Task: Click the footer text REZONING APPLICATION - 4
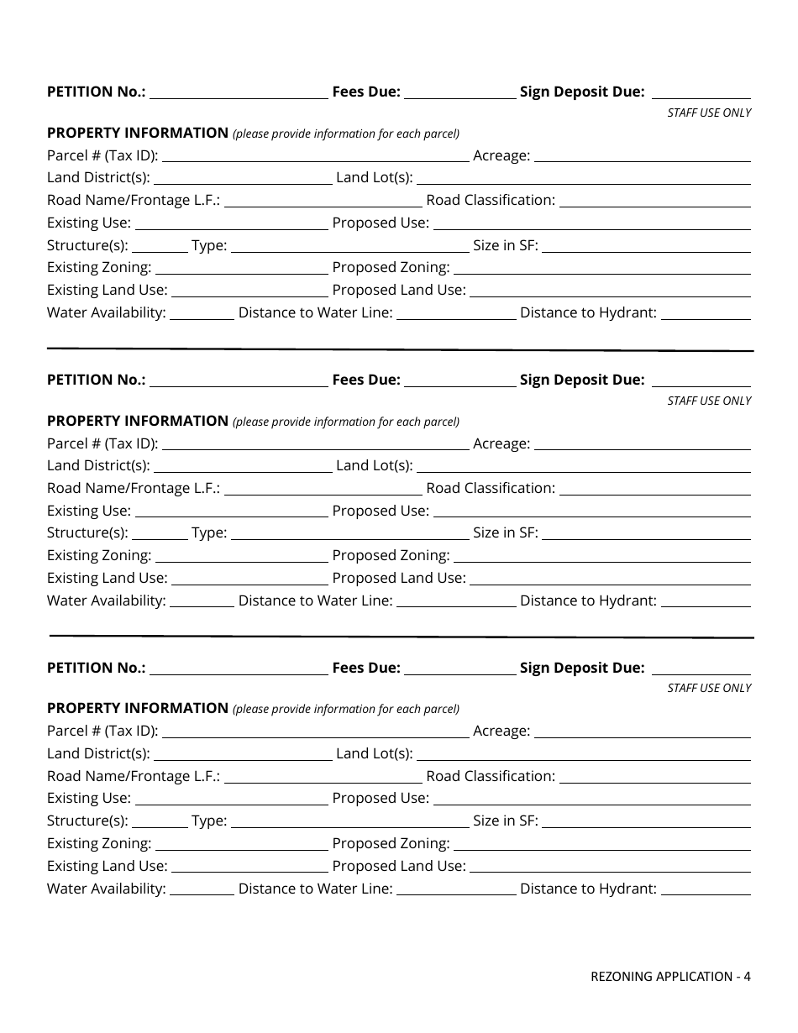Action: coord(670,976)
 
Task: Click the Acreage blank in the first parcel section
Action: coord(643,156)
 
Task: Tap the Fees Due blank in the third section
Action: coord(460,669)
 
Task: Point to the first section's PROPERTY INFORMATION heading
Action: coord(138,133)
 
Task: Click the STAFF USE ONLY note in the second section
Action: coord(709,401)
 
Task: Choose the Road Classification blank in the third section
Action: coord(655,777)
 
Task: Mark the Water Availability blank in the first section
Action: coord(202,313)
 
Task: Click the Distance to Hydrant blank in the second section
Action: coord(706,601)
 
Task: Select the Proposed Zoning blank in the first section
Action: coord(602,268)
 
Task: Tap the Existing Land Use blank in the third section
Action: coord(249,867)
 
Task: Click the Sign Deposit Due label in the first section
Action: coord(582,92)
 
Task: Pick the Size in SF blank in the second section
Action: coord(647,533)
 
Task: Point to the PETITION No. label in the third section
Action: coord(97,669)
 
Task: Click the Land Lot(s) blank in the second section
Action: coord(584,466)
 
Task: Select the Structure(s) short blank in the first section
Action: coord(160,246)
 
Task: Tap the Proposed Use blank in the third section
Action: coord(592,799)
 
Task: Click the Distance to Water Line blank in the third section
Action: coord(456,889)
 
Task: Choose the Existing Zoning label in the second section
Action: coord(99,556)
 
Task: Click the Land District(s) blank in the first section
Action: coord(243,178)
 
